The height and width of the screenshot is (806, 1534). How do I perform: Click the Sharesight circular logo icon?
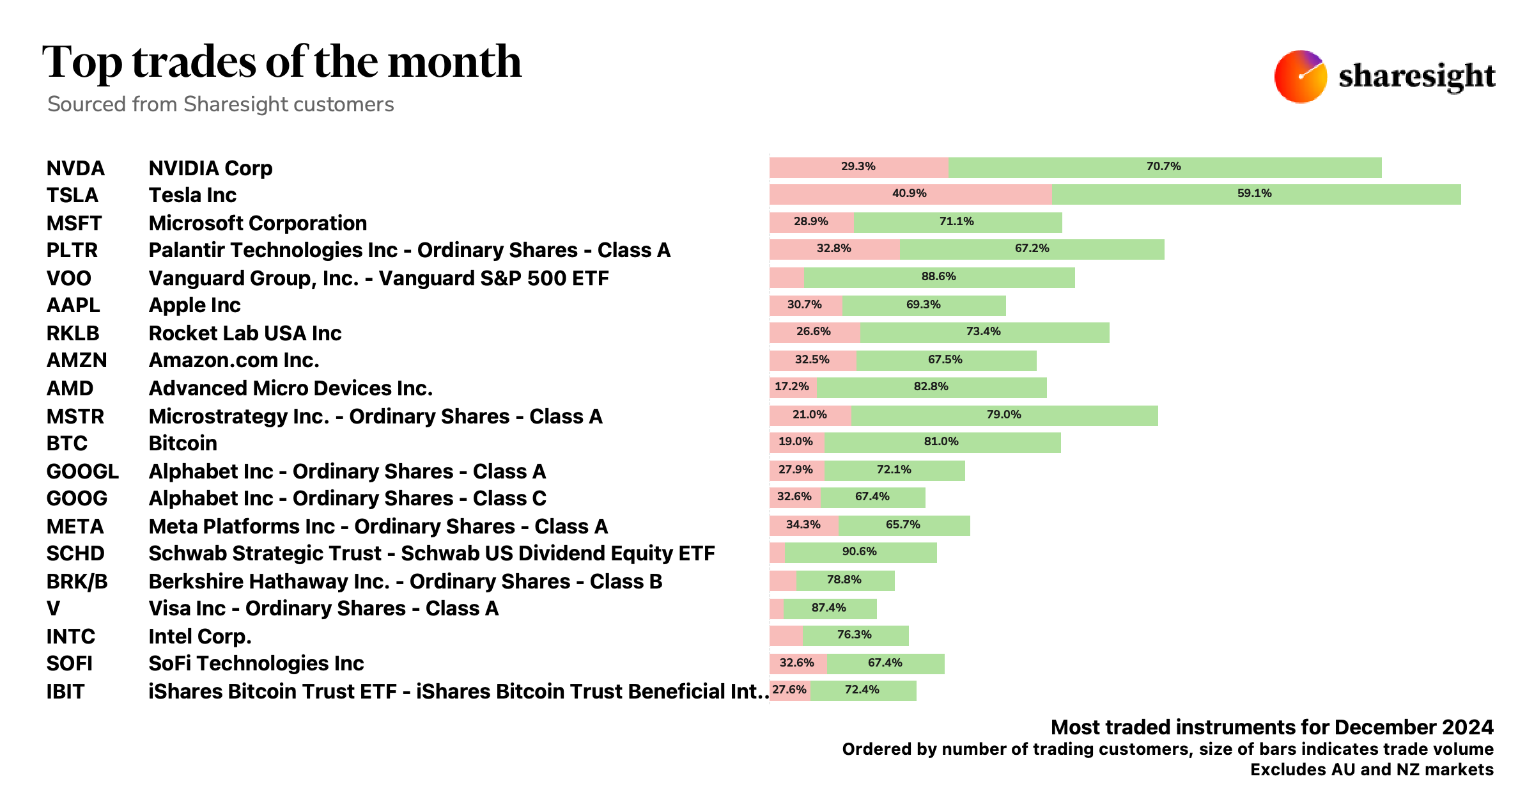pyautogui.click(x=1299, y=76)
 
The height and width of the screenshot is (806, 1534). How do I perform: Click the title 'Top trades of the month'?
pyautogui.click(x=282, y=62)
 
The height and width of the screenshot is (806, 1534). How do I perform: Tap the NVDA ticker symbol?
pyautogui.click(x=75, y=168)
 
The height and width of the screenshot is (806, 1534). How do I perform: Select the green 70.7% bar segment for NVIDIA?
pyautogui.click(x=1165, y=167)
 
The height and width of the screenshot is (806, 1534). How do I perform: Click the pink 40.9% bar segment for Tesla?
pyautogui.click(x=910, y=194)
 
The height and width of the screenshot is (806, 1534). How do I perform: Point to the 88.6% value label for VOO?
pyautogui.click(x=938, y=277)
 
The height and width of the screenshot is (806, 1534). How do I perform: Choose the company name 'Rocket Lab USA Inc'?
pyautogui.click(x=245, y=333)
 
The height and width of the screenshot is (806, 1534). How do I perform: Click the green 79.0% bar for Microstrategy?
pyautogui.click(x=1004, y=415)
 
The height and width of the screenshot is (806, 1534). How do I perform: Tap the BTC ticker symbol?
pyautogui.click(x=67, y=443)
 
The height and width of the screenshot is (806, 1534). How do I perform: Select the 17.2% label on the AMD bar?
pyautogui.click(x=791, y=387)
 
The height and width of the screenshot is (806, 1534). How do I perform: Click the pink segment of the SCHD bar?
pyautogui.click(x=777, y=553)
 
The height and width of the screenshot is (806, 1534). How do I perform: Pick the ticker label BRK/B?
pyautogui.click(x=77, y=581)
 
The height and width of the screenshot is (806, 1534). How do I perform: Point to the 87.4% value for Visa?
pyautogui.click(x=828, y=608)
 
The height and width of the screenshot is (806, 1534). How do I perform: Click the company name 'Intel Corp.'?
pyautogui.click(x=200, y=636)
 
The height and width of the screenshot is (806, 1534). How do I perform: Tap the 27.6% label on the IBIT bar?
pyautogui.click(x=789, y=690)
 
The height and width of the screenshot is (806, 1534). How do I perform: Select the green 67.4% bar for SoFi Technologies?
pyautogui.click(x=885, y=663)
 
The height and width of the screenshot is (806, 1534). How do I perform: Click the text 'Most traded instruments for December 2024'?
pyautogui.click(x=1272, y=727)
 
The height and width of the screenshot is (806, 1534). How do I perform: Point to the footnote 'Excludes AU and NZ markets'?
pyautogui.click(x=1372, y=770)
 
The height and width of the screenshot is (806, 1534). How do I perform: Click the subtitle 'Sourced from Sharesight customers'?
pyautogui.click(x=221, y=104)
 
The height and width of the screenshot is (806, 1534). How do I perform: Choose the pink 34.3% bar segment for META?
pyautogui.click(x=803, y=525)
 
